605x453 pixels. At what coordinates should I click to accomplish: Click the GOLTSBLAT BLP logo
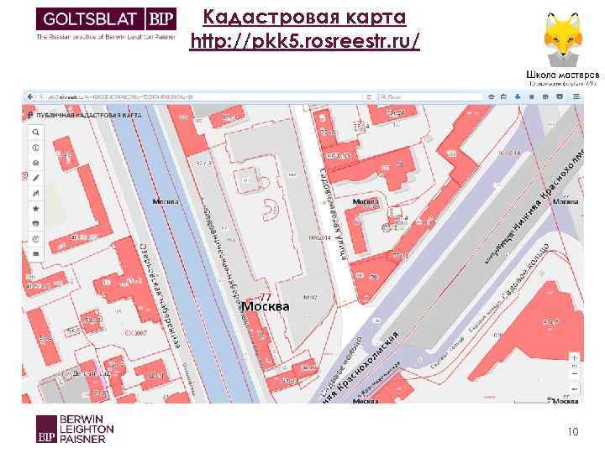coord(105,23)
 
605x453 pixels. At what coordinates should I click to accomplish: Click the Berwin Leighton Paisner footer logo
coord(75,429)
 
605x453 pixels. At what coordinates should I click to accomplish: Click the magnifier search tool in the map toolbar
coord(35,133)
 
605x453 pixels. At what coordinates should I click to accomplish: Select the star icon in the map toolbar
coord(35,208)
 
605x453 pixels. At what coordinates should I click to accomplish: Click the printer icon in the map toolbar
coord(35,223)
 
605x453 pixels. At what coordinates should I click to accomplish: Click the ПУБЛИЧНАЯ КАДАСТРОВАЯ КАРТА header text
coord(87,114)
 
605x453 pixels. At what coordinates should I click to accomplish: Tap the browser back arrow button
coord(29,97)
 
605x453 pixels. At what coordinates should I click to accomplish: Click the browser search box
coord(437,97)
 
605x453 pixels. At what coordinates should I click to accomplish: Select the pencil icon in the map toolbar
coord(35,178)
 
